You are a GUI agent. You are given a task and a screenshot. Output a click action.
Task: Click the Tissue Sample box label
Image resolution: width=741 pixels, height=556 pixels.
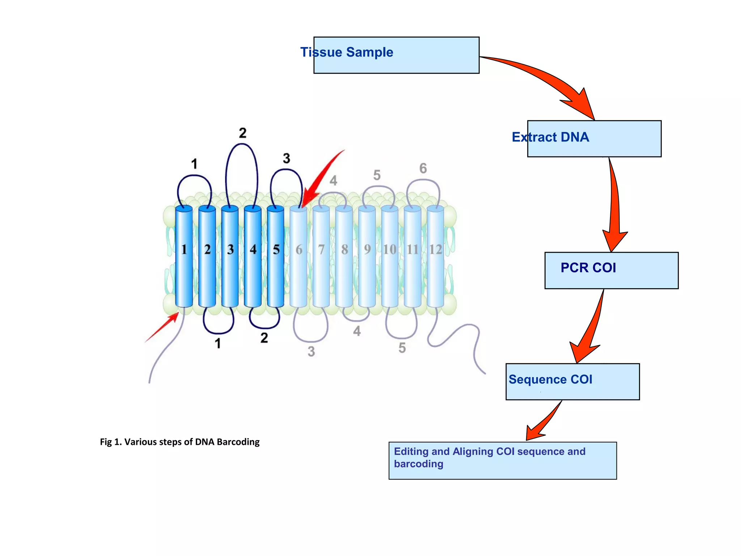pyautogui.click(x=347, y=52)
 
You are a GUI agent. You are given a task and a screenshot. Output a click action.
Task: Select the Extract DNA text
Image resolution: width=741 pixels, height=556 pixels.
pyautogui.click(x=550, y=137)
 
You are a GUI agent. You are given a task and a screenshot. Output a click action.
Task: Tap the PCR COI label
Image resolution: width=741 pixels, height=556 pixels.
pyautogui.click(x=588, y=268)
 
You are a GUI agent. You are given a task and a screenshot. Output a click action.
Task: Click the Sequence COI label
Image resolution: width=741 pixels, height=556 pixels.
pyautogui.click(x=550, y=379)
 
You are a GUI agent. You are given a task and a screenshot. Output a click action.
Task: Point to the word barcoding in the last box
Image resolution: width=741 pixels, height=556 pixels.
pyautogui.click(x=418, y=464)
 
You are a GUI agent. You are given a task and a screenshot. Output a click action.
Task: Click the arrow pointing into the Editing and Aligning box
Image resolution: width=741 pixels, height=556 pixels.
pyautogui.click(x=543, y=422)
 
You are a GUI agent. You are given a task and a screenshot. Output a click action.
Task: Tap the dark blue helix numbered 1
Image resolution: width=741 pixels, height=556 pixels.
pyautogui.click(x=184, y=257)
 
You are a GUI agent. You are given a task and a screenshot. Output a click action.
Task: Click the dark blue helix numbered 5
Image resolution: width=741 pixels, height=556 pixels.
pyautogui.click(x=276, y=257)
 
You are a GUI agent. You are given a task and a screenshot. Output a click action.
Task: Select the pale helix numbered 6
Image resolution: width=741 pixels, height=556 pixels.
pyautogui.click(x=298, y=257)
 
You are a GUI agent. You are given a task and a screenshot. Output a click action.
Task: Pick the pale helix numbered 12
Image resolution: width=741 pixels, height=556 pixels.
pyautogui.click(x=435, y=257)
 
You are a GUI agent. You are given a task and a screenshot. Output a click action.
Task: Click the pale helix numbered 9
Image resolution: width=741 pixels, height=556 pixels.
pyautogui.click(x=367, y=257)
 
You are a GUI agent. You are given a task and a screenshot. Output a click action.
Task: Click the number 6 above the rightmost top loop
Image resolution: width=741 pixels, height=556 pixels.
pyautogui.click(x=423, y=168)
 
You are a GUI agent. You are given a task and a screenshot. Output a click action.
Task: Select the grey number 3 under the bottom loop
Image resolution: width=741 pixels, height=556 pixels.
pyautogui.click(x=311, y=351)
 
